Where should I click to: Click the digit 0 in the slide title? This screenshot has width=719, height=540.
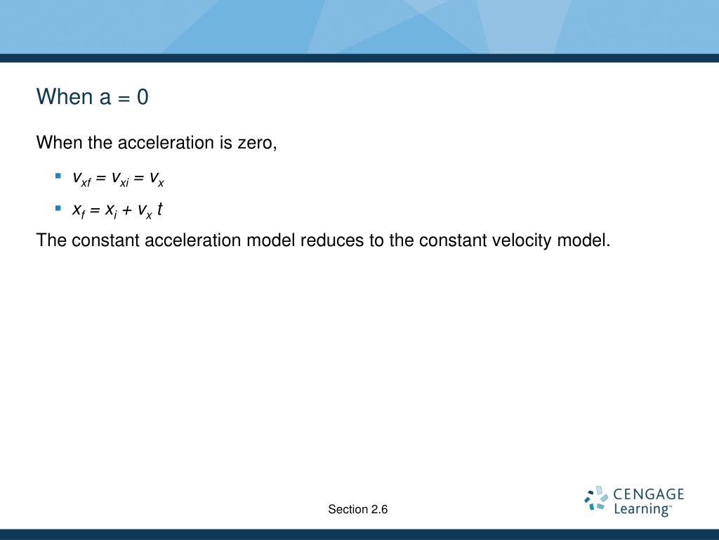pyautogui.click(x=143, y=97)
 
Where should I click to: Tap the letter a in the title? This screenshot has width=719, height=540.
pyautogui.click(x=105, y=98)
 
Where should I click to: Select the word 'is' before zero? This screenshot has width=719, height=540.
pyautogui.click(x=225, y=142)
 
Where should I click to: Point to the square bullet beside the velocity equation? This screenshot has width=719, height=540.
pyautogui.click(x=58, y=176)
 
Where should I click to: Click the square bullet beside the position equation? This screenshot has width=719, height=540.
pyautogui.click(x=58, y=208)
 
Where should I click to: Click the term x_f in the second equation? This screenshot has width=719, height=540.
pyautogui.click(x=79, y=211)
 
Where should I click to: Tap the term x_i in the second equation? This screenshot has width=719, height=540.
pyautogui.click(x=111, y=211)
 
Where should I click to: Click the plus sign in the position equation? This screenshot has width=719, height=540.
pyautogui.click(x=128, y=210)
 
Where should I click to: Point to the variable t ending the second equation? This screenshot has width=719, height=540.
pyautogui.click(x=159, y=209)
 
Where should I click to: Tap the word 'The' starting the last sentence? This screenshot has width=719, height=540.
pyautogui.click(x=51, y=240)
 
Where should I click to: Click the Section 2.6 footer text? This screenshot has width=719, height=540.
pyautogui.click(x=358, y=509)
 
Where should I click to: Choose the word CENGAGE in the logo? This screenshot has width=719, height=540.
pyautogui.click(x=648, y=494)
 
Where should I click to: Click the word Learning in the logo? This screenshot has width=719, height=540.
pyautogui.click(x=642, y=509)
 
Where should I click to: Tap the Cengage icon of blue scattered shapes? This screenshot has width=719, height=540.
pyautogui.click(x=596, y=499)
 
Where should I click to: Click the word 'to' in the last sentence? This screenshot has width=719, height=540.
pyautogui.click(x=377, y=240)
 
